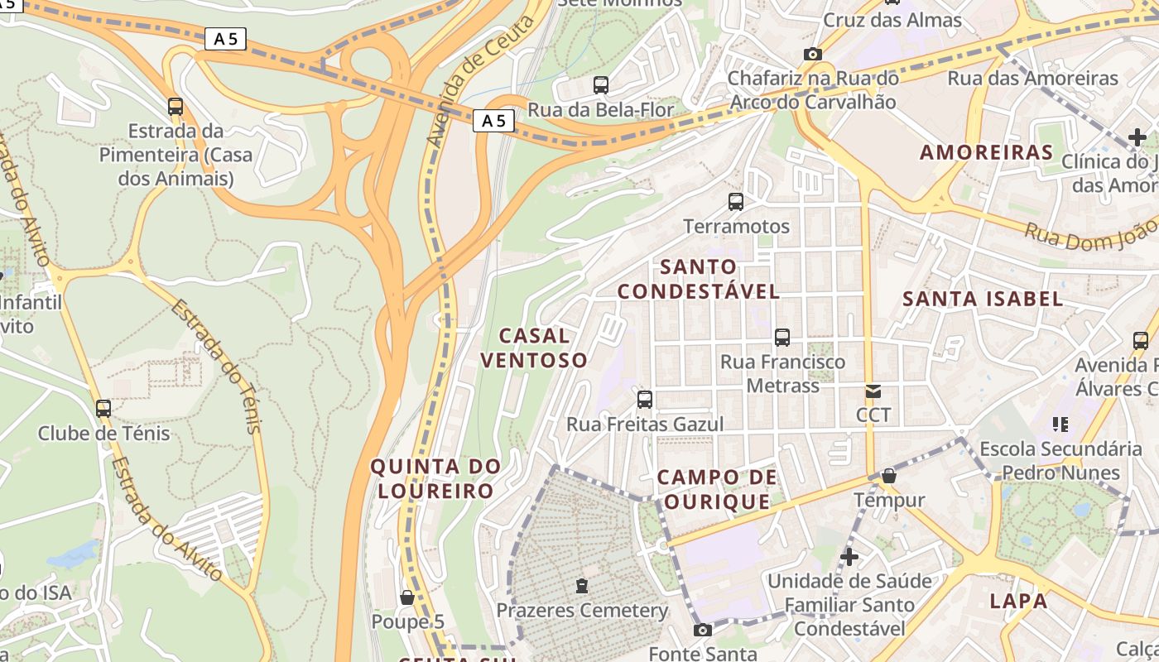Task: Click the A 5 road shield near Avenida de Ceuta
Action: [494, 122]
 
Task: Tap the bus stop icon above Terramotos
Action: [735, 201]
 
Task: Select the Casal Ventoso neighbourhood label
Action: [534, 348]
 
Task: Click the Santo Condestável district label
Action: [699, 279]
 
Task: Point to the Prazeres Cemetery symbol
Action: [582, 586]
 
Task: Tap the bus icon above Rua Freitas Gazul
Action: [645, 400]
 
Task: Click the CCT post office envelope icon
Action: [873, 391]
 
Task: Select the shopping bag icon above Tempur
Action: [888, 476]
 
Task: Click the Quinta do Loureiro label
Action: [435, 478]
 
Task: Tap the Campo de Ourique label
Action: [717, 489]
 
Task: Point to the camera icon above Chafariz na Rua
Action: [813, 54]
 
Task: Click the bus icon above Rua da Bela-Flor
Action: [601, 84]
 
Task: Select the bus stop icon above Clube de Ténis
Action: [103, 408]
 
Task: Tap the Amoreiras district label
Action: [986, 152]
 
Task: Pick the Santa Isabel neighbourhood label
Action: [983, 299]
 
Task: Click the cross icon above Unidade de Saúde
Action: [849, 556]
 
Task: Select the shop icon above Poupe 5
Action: [406, 597]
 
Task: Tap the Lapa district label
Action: [1018, 601]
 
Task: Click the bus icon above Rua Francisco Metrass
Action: [782, 338]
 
